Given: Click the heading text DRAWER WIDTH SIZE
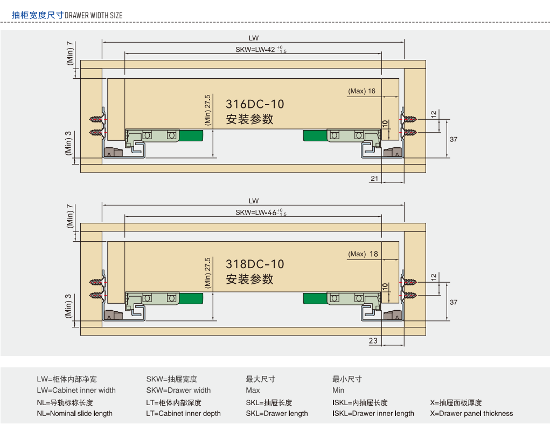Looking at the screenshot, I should click(x=93, y=15).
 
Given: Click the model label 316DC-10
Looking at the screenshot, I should click(x=254, y=104).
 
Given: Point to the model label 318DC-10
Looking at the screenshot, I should click(x=254, y=264).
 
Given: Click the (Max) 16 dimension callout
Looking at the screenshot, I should click(x=361, y=91).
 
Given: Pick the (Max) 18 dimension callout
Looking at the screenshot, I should click(x=363, y=254).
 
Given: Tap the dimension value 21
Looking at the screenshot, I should click(x=374, y=178).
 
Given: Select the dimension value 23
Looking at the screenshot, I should click(x=373, y=340).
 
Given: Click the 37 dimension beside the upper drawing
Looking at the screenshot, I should click(x=453, y=139).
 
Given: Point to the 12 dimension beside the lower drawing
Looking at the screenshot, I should click(x=434, y=277).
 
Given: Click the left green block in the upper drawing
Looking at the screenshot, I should click(x=191, y=135).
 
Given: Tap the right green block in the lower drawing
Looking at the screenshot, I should click(x=316, y=298).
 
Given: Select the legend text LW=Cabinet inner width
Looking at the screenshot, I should click(x=76, y=391).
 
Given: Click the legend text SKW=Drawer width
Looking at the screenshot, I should click(x=178, y=391).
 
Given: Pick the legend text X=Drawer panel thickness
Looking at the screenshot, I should click(x=471, y=414).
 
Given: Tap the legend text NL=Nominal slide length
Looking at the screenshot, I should click(x=74, y=414).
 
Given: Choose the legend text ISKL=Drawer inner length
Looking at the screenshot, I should click(x=373, y=414).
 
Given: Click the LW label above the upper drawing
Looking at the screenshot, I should click(x=254, y=38).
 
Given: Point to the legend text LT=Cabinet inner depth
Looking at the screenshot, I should click(x=183, y=414).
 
